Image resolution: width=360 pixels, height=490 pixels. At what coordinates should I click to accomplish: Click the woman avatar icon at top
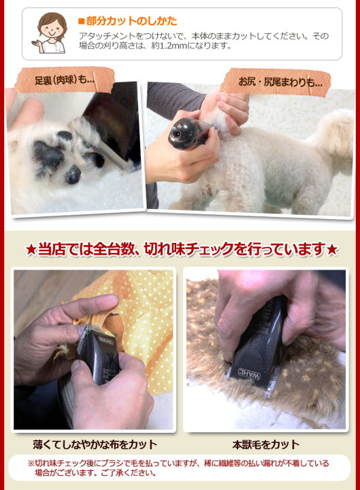(51, 33)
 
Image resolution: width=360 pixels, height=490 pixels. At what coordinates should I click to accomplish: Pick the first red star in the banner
(31, 250)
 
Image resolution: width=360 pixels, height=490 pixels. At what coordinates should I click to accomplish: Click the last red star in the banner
(331, 250)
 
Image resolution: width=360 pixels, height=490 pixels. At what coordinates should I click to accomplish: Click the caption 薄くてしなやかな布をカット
(95, 444)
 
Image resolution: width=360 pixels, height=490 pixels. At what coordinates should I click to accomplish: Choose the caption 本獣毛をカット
(265, 444)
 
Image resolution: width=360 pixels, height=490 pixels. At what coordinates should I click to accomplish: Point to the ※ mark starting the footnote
(31, 463)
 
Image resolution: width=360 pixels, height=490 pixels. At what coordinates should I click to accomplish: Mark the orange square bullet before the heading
(81, 21)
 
